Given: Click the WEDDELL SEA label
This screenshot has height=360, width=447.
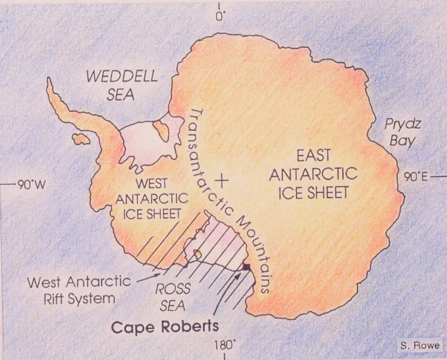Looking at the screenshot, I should [x=121, y=85].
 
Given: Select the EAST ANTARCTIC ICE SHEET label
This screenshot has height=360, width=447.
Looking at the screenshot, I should [x=313, y=174].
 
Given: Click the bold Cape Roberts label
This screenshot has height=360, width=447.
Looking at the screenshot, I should [x=165, y=326].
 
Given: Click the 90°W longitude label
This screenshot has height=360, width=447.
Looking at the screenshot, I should [x=30, y=184].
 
